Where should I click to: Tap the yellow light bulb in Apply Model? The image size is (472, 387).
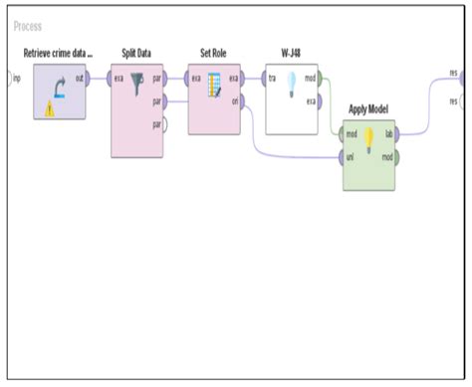[x=369, y=137]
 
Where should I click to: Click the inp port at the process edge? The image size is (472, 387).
[x=12, y=77]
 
